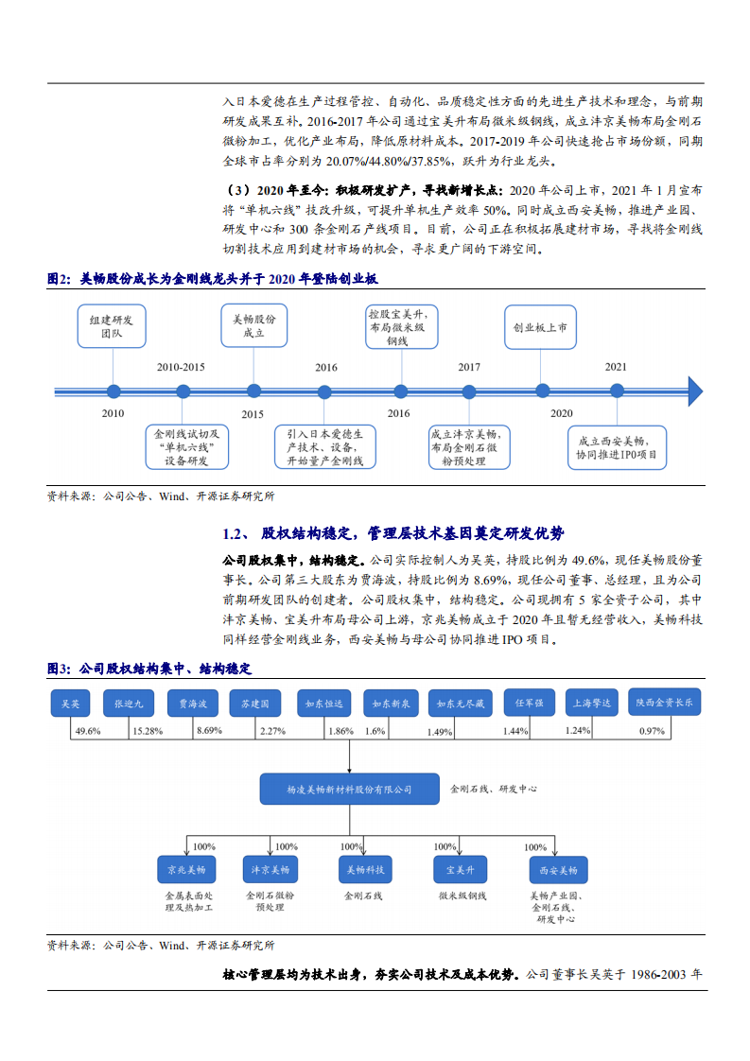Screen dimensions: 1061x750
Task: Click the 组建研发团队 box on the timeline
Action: [x=112, y=326]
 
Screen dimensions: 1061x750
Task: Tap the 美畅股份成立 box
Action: [x=253, y=326]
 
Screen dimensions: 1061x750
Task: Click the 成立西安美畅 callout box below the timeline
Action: [x=617, y=447]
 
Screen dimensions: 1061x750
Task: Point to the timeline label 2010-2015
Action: [x=180, y=367]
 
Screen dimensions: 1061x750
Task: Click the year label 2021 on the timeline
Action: [x=616, y=367]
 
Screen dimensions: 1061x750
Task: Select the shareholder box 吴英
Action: [x=70, y=704]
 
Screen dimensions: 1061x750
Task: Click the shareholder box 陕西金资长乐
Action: [x=663, y=703]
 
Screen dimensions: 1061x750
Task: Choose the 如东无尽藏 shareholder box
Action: [x=459, y=704]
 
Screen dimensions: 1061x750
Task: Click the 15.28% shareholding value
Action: [x=148, y=731]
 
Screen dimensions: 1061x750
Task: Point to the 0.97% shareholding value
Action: [x=652, y=731]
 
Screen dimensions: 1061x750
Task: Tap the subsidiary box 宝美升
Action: [x=461, y=869]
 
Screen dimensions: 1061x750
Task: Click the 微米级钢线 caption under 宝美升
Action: [x=462, y=895]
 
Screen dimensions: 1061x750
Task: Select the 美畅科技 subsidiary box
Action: [x=365, y=869]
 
